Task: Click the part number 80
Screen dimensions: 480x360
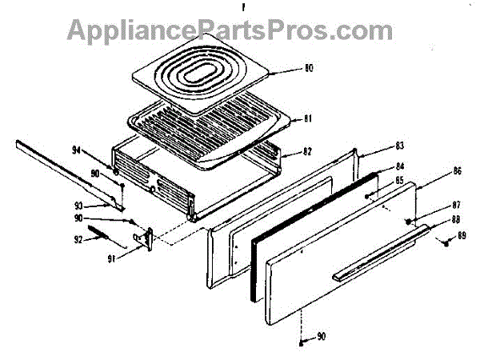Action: tap(308, 69)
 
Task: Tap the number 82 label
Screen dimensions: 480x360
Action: tap(308, 150)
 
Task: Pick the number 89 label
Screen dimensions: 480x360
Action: tap(461, 236)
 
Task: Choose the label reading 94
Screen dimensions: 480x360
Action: tap(76, 150)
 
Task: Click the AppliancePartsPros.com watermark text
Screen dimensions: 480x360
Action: tap(230, 31)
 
